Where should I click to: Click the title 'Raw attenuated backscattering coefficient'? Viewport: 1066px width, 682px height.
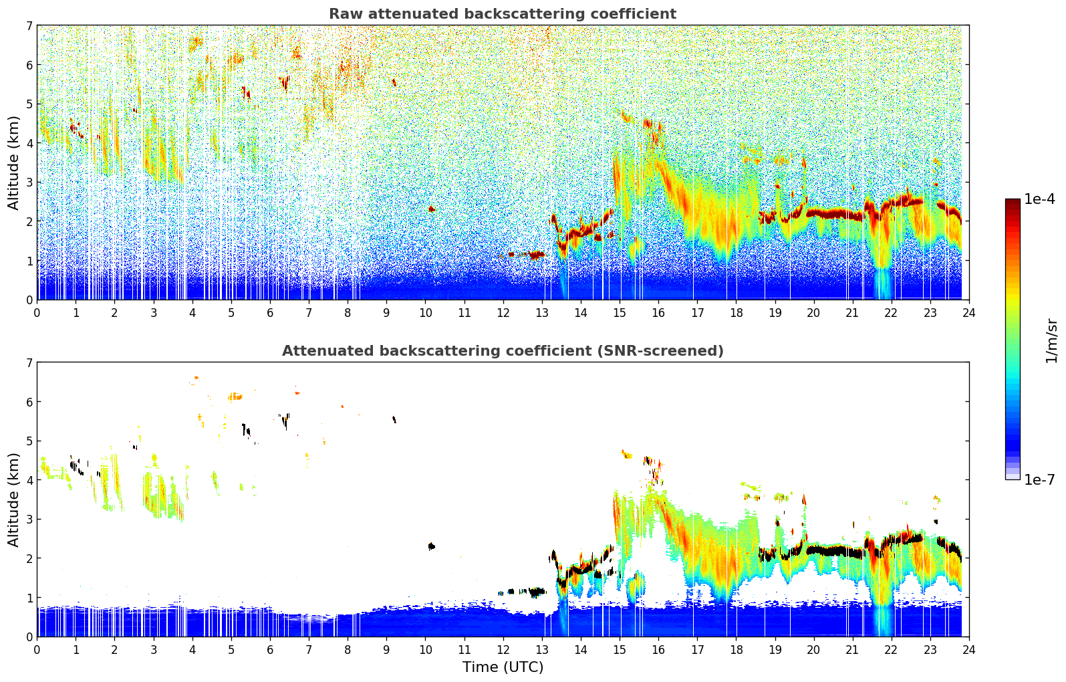point(502,14)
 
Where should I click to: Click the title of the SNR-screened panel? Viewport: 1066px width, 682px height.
point(502,351)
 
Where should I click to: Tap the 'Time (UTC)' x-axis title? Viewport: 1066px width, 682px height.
point(503,667)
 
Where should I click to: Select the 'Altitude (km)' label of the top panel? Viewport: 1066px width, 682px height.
point(14,162)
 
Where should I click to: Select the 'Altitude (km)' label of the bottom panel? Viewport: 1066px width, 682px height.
point(14,499)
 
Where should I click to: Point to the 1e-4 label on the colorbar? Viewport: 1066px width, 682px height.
point(1039,199)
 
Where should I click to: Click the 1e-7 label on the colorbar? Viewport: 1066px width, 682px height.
point(1039,479)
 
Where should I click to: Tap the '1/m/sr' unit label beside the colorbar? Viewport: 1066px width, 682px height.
point(1051,340)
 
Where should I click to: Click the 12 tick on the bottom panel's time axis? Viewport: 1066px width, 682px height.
point(503,649)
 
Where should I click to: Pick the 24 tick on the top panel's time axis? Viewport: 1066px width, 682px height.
point(968,312)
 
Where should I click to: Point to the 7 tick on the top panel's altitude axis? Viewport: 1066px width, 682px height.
point(29,26)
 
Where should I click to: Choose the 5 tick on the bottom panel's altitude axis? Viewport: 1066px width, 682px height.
point(29,441)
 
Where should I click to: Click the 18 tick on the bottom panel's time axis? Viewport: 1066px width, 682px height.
point(736,649)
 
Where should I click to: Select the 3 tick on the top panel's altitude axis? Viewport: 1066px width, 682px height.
point(29,183)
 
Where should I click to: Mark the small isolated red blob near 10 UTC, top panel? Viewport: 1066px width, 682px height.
point(431,209)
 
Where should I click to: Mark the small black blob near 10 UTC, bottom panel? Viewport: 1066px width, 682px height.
point(431,546)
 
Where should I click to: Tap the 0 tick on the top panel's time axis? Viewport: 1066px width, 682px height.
point(37,312)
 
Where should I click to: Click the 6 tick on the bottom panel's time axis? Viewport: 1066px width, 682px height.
point(270,649)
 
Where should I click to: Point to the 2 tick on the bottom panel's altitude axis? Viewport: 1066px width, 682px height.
point(29,558)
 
